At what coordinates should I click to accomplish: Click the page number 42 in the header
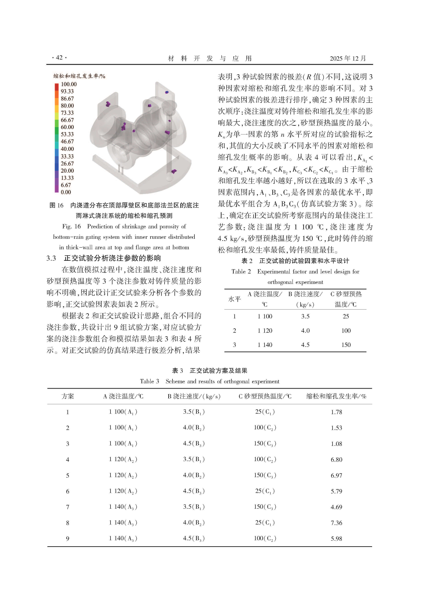(x=59, y=58)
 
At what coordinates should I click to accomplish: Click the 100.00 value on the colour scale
(x=69, y=84)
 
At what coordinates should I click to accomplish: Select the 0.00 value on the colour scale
(x=66, y=192)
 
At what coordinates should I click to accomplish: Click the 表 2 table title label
(x=247, y=261)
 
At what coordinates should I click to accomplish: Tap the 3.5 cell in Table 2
(x=305, y=317)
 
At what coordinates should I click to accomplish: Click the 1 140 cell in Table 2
(x=265, y=345)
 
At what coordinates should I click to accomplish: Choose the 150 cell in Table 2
(x=346, y=345)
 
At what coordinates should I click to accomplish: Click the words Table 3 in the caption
(x=149, y=381)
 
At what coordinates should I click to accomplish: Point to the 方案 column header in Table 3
(x=68, y=396)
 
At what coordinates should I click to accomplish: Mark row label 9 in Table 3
(x=67, y=539)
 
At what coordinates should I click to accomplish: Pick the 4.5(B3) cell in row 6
(x=194, y=491)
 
